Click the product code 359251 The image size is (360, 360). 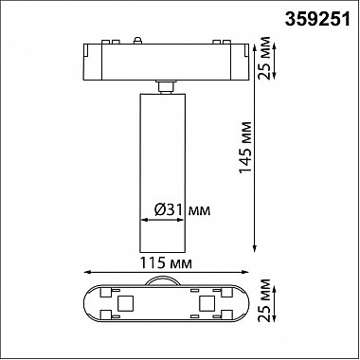click(x=317, y=20)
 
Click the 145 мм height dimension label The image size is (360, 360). click(x=245, y=147)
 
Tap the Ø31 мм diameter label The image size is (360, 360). click(x=182, y=209)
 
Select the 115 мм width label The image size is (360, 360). click(x=166, y=262)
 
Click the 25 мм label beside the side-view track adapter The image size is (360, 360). click(x=264, y=59)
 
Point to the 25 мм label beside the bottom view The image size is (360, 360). click(x=264, y=300)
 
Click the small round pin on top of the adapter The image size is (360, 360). click(x=137, y=40)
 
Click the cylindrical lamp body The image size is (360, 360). click(x=163, y=172)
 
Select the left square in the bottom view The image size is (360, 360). click(x=124, y=303)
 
